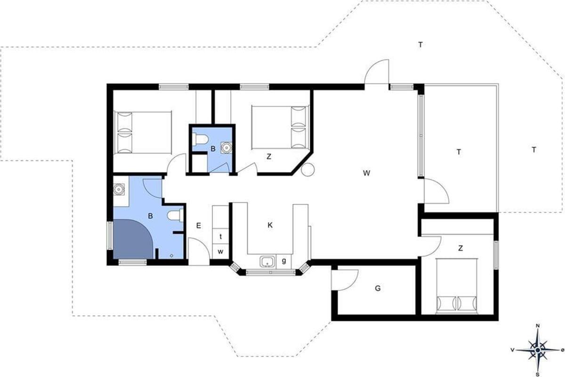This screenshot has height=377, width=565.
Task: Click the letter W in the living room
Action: [366, 173]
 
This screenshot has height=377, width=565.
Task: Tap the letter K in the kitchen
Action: [270, 225]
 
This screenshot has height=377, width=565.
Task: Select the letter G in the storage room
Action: [378, 288]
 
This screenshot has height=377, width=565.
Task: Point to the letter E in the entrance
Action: [199, 225]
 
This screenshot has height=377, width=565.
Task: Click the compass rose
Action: [538, 350]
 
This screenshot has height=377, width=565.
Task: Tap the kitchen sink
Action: [267, 262]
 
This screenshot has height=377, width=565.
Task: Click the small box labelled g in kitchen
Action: [284, 262]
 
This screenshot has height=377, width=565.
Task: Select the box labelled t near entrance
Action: [220, 237]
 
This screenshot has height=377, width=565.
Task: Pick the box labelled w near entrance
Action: [220, 252]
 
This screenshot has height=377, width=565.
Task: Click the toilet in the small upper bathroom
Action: [200, 139]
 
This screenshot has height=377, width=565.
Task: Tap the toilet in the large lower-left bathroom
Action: [176, 215]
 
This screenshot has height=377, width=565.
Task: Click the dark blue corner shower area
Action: [133, 239]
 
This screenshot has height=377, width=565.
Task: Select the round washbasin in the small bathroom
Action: [226, 147]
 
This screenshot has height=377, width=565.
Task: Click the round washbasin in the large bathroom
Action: [119, 189]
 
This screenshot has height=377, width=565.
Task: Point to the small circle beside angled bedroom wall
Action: [308, 170]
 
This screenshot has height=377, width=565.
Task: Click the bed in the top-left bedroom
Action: [143, 132]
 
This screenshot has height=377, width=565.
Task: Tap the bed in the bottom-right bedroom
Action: [457, 286]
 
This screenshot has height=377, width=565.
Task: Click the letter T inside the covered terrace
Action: [459, 152]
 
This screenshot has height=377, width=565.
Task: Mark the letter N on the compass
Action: [538, 326]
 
